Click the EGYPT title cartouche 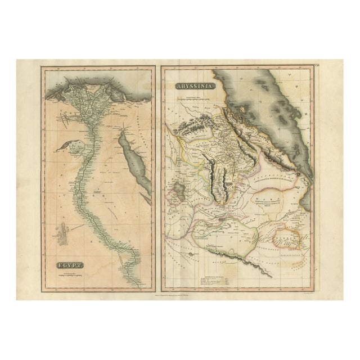point(69,264)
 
